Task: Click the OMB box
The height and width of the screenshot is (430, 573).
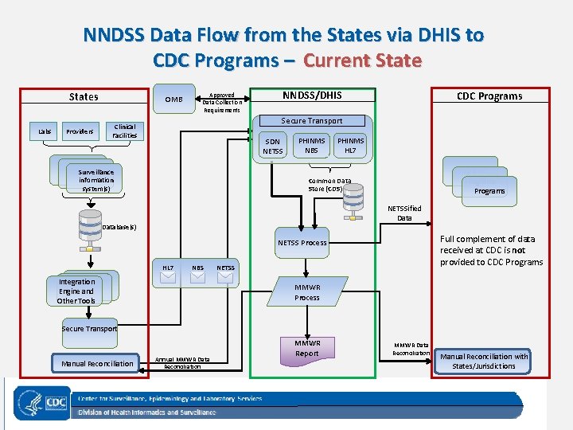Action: [173, 100]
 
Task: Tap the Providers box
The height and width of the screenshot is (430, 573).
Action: [80, 131]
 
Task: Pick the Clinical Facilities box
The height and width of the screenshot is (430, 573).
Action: [125, 131]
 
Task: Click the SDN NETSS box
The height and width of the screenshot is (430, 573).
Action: [273, 146]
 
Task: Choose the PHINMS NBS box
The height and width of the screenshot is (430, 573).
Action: [311, 145]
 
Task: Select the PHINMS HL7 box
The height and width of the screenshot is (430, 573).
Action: [350, 145]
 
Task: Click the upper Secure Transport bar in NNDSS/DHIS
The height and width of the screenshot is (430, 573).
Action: [312, 121]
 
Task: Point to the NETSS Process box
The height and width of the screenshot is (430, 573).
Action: [302, 242]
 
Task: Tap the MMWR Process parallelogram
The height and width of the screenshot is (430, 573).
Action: [307, 292]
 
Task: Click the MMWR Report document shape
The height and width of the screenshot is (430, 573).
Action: [307, 349]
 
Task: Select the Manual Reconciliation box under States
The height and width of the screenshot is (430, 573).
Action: [97, 364]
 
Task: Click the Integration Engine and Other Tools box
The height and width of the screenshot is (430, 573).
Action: [76, 291]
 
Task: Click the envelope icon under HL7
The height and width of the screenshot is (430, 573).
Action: [168, 278]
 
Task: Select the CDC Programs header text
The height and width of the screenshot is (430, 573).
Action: [489, 96]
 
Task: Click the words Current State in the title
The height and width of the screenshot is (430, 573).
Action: [362, 61]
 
